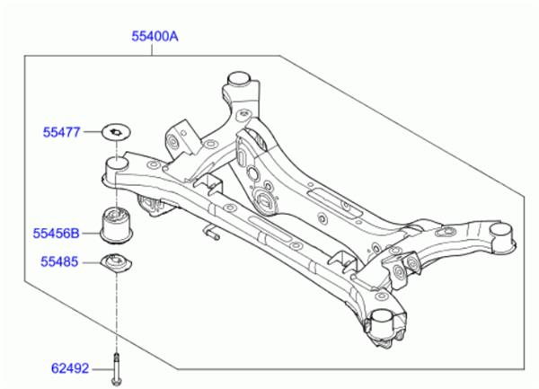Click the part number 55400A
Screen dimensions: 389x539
pos(155,37)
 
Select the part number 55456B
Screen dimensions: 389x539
pos(57,234)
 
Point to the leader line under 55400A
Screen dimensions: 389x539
pos(155,50)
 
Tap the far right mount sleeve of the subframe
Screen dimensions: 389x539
pos(500,238)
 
